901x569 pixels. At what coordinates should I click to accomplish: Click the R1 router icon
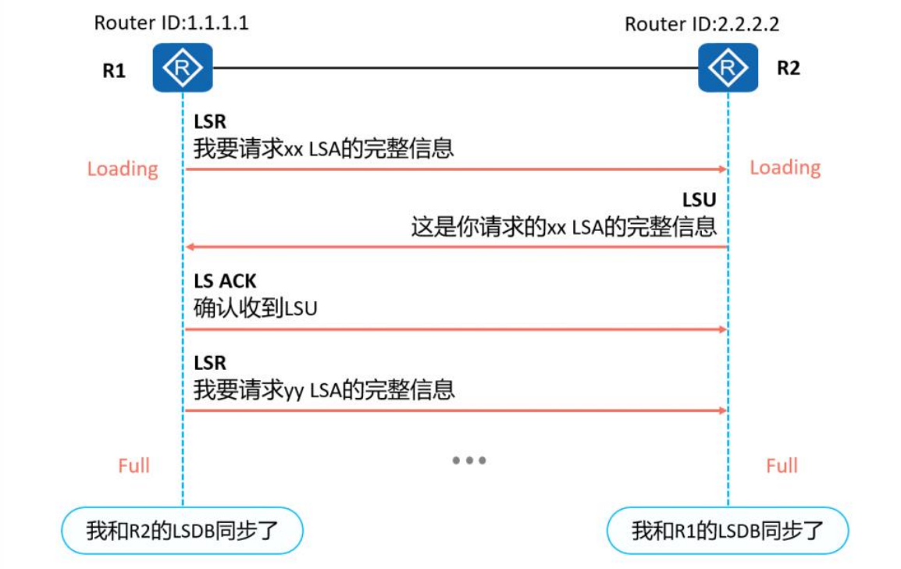[182, 68]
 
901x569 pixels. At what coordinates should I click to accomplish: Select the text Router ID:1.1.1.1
[171, 22]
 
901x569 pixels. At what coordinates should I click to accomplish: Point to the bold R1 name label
[114, 71]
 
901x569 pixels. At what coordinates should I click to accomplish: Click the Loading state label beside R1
[123, 169]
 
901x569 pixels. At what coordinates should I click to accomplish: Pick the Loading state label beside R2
[785, 168]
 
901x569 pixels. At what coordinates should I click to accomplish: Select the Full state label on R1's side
[134, 466]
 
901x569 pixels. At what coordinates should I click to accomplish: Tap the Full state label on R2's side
[782, 466]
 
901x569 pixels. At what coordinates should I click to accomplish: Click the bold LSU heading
[699, 201]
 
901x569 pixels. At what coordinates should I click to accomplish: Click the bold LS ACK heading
[225, 282]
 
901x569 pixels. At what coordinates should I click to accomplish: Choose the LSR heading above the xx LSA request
[209, 122]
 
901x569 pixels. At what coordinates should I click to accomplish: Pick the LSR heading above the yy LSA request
[209, 362]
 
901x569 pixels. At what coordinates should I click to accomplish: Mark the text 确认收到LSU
[255, 308]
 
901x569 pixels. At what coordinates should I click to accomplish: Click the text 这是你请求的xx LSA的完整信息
[564, 227]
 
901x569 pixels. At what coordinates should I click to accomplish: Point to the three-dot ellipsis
[469, 461]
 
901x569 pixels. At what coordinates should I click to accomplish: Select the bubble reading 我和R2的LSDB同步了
[182, 532]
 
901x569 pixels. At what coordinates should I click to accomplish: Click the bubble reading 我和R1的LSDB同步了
[727, 532]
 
